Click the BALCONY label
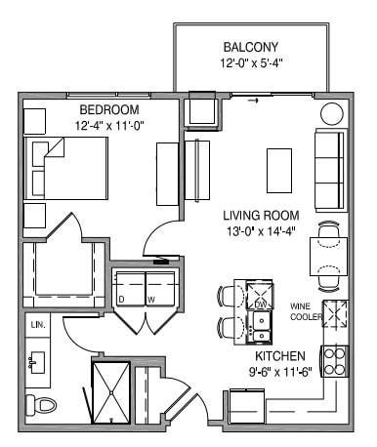[x=250, y=47]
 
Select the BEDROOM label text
[x=108, y=108]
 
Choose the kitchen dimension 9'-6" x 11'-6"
[x=280, y=372]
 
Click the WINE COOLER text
[x=306, y=310]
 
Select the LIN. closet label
[x=38, y=323]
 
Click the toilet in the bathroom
[x=40, y=403]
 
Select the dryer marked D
[x=128, y=288]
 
